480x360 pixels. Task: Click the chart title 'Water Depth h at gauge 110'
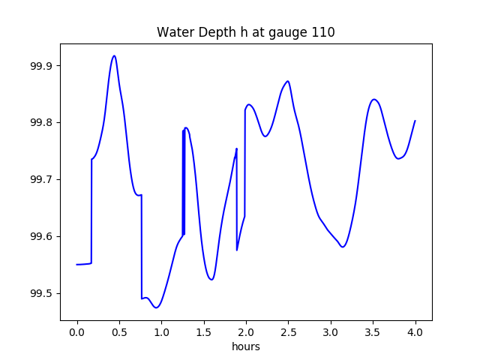[245, 32]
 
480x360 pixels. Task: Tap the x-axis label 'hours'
[245, 346]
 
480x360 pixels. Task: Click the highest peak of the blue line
[114, 55]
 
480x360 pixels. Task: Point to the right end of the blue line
[415, 121]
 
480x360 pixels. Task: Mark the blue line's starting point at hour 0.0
[77, 264]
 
